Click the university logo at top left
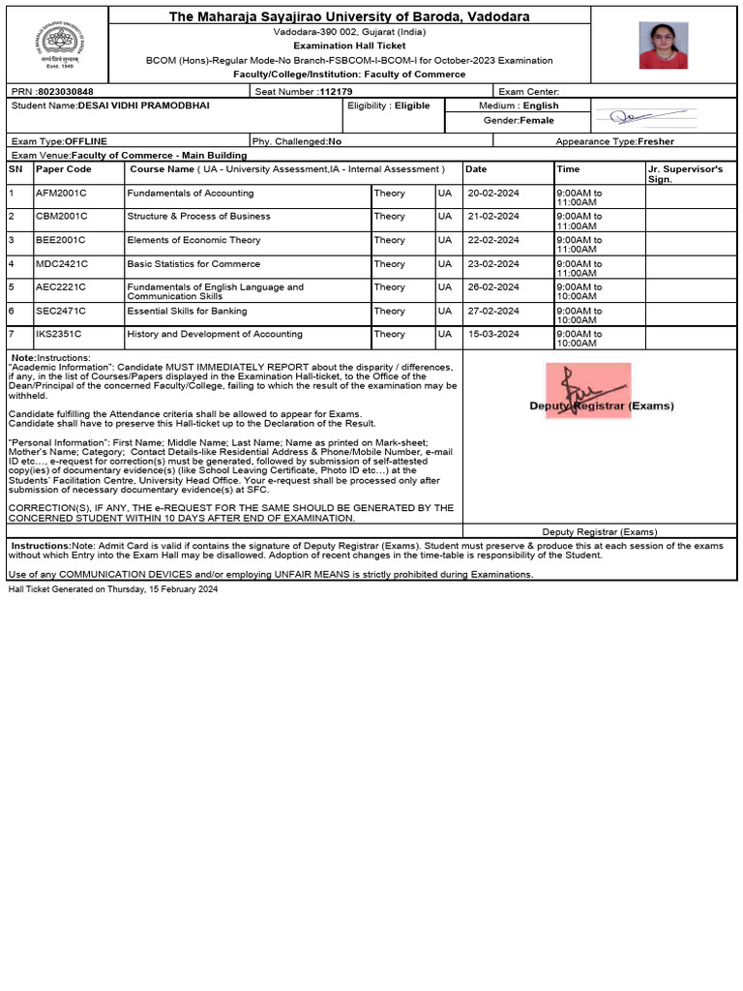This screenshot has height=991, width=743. (x=55, y=44)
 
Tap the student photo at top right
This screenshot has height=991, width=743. (x=664, y=45)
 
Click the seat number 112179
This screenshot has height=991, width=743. (x=336, y=91)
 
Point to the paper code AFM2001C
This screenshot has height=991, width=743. (x=61, y=193)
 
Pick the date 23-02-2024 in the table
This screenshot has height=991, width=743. (x=492, y=263)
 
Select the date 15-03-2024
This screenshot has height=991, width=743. (x=492, y=334)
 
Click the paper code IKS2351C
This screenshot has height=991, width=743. (x=60, y=334)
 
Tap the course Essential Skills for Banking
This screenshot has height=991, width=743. (x=187, y=311)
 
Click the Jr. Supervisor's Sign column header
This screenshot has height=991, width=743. (x=685, y=173)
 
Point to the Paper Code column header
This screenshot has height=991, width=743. (x=64, y=168)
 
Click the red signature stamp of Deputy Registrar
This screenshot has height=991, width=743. (x=587, y=391)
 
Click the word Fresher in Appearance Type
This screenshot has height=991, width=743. (x=658, y=141)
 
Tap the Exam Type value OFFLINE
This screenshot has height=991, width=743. (x=85, y=141)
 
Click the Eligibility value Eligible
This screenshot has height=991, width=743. (x=412, y=105)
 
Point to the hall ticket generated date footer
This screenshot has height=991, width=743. (x=113, y=588)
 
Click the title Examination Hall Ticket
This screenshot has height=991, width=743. (x=349, y=45)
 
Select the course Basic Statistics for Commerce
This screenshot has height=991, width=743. (x=193, y=263)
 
